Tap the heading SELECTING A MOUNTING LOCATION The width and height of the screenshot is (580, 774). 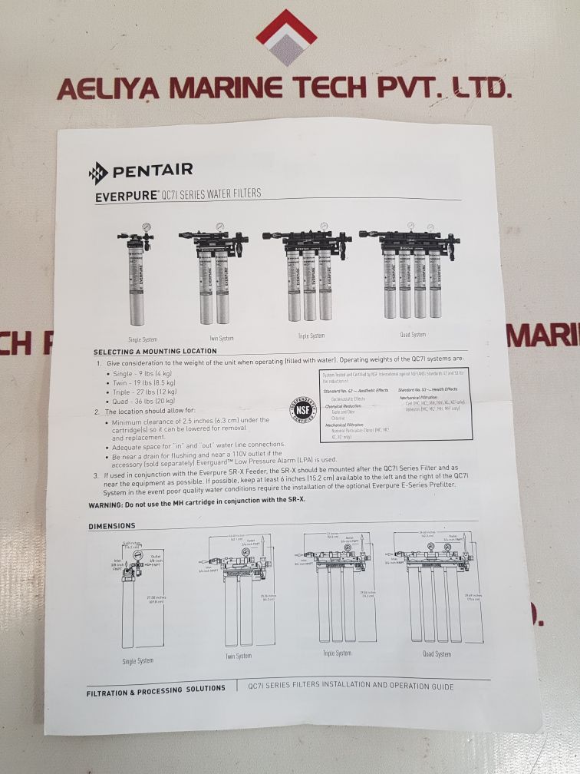click(155, 351)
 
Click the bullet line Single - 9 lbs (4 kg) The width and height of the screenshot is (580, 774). click(143, 373)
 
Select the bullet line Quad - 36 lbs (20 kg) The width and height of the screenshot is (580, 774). click(144, 402)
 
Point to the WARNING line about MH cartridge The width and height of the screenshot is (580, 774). click(196, 504)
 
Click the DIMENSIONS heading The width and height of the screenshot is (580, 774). click(112, 526)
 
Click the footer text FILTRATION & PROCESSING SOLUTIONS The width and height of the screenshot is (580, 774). click(156, 689)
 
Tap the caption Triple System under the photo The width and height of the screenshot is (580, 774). click(311, 336)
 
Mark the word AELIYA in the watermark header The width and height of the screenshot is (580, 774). click(107, 90)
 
